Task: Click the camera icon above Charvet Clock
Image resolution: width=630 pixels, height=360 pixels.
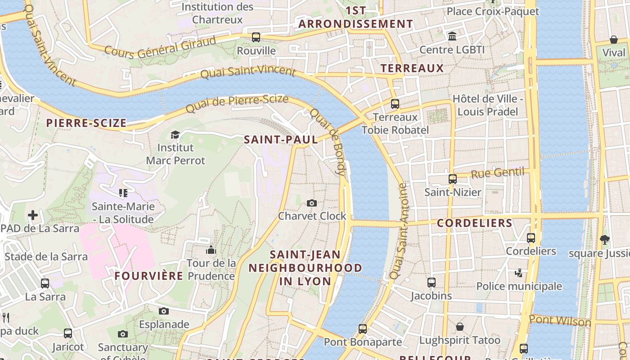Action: pos(311,203)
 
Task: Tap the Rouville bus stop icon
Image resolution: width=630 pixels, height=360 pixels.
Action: pos(256,37)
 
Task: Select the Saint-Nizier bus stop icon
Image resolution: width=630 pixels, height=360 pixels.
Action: pos(453,179)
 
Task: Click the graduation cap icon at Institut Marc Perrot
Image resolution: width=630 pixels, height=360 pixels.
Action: pos(175,135)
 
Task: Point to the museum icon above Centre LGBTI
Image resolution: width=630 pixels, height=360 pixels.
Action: pos(452,36)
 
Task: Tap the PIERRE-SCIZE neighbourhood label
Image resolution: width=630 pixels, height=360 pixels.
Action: pos(86,123)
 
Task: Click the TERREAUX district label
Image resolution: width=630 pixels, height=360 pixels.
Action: pos(412,68)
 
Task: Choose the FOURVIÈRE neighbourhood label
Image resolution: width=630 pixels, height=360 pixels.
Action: pos(148,276)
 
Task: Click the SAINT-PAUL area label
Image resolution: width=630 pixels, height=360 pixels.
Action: pos(281,139)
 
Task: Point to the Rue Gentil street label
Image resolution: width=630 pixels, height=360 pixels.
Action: pos(498,173)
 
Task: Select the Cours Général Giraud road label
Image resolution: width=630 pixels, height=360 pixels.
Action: pos(160,48)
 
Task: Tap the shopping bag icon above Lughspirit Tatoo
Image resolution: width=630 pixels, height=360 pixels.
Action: pos(459,327)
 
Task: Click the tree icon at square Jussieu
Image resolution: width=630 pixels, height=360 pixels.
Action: pos(604,240)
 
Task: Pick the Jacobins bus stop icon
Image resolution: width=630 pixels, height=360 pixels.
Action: pos(431,283)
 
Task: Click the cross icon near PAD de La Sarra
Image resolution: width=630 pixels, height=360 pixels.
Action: pos(32,215)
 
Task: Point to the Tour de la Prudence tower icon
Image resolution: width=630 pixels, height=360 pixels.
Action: pos(211,250)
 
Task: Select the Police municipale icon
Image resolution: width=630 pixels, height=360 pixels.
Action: pos(519,273)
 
